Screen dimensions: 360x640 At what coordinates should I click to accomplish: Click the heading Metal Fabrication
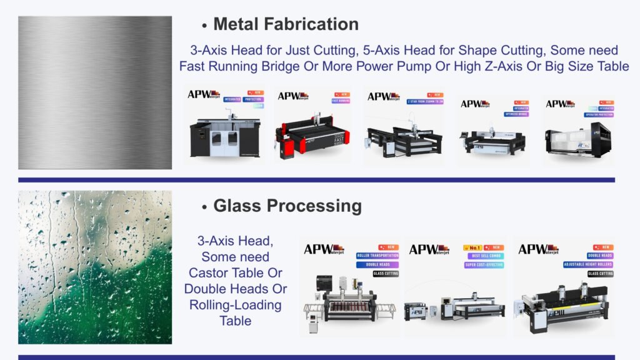pyautogui.click(x=286, y=24)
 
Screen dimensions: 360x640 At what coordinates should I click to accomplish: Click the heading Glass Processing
pyautogui.click(x=287, y=206)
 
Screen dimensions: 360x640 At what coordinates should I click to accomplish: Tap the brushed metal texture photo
pyautogui.click(x=95, y=92)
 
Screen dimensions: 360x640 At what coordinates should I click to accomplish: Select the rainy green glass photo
pyautogui.click(x=95, y=267)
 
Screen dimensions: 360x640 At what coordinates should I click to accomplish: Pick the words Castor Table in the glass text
pyautogui.click(x=236, y=273)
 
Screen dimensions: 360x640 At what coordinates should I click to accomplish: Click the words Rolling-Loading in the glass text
pyautogui.click(x=236, y=306)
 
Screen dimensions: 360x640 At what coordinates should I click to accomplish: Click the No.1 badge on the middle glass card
pyautogui.click(x=472, y=247)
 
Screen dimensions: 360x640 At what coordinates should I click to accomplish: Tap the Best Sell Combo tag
pyautogui.click(x=483, y=256)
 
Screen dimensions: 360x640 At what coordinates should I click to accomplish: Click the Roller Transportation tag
pyautogui.click(x=377, y=256)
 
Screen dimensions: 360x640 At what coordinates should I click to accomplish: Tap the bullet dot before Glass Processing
pyautogui.click(x=204, y=207)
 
